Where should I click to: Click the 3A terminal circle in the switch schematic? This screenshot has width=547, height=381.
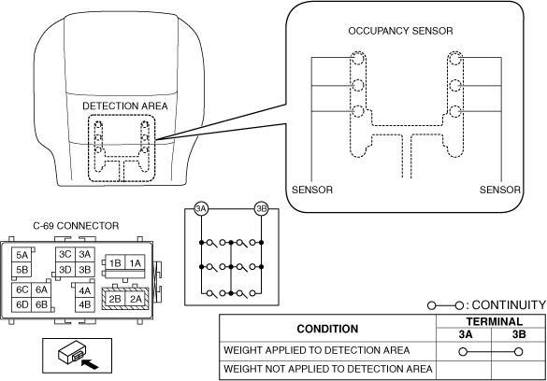[201, 209]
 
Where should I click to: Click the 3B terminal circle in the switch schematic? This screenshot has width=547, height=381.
[261, 209]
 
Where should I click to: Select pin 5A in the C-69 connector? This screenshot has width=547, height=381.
[22, 255]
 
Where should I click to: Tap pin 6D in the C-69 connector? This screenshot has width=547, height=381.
[22, 304]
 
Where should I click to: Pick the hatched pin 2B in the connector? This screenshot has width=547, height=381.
[115, 299]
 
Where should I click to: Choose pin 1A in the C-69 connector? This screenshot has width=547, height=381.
[135, 263]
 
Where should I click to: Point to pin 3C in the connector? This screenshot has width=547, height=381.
[65, 254]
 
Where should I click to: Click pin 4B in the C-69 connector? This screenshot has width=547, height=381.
[85, 304]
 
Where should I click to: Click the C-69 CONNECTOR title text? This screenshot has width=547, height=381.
[76, 226]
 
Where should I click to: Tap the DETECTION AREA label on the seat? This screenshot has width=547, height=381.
[125, 106]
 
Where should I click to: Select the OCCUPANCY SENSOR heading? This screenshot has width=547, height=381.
[400, 31]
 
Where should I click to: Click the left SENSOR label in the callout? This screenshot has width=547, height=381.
[312, 190]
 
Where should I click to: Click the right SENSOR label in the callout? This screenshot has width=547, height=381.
[500, 190]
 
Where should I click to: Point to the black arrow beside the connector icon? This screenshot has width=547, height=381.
[90, 364]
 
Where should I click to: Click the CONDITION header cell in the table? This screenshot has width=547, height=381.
[327, 329]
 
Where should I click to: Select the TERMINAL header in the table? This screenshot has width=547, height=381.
[495, 321]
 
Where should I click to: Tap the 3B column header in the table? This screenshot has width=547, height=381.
[519, 334]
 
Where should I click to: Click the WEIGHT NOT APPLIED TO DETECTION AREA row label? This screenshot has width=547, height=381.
[328, 369]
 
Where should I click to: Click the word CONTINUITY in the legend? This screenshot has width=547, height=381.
[509, 305]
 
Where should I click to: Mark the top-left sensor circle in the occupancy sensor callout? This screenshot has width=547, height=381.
[357, 59]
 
